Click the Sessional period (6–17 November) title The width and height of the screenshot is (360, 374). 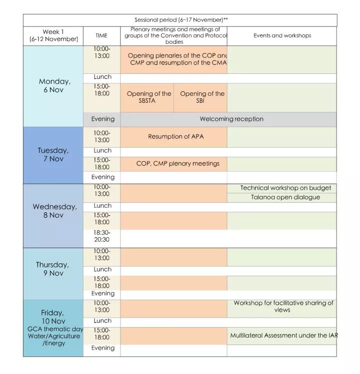coord(180,20)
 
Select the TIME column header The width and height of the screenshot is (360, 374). coord(101,35)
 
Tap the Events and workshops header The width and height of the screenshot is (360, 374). coord(282,35)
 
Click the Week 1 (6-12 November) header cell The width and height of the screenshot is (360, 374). coord(53,35)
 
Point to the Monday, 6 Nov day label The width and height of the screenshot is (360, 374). coord(54,85)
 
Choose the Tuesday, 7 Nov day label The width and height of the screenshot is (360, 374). coord(53,155)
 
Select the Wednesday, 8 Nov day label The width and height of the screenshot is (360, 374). coord(54,211)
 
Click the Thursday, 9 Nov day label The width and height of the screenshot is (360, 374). coord(52,269)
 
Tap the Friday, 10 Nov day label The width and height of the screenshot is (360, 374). coord(52,317)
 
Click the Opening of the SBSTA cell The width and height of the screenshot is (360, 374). coord(148,97)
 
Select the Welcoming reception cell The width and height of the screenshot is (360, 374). coord(231,119)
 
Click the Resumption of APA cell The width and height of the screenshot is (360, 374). coord(175,136)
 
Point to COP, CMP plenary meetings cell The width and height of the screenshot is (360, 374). coord(177,163)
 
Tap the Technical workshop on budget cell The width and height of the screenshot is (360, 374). coord(285,188)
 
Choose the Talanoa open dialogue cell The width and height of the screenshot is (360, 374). coord(285,197)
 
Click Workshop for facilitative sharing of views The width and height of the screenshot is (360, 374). coord(283,307)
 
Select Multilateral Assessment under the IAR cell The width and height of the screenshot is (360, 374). coord(283,336)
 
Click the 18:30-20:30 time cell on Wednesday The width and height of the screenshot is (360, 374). coord(102,236)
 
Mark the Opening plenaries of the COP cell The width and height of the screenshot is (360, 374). coord(176,59)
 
